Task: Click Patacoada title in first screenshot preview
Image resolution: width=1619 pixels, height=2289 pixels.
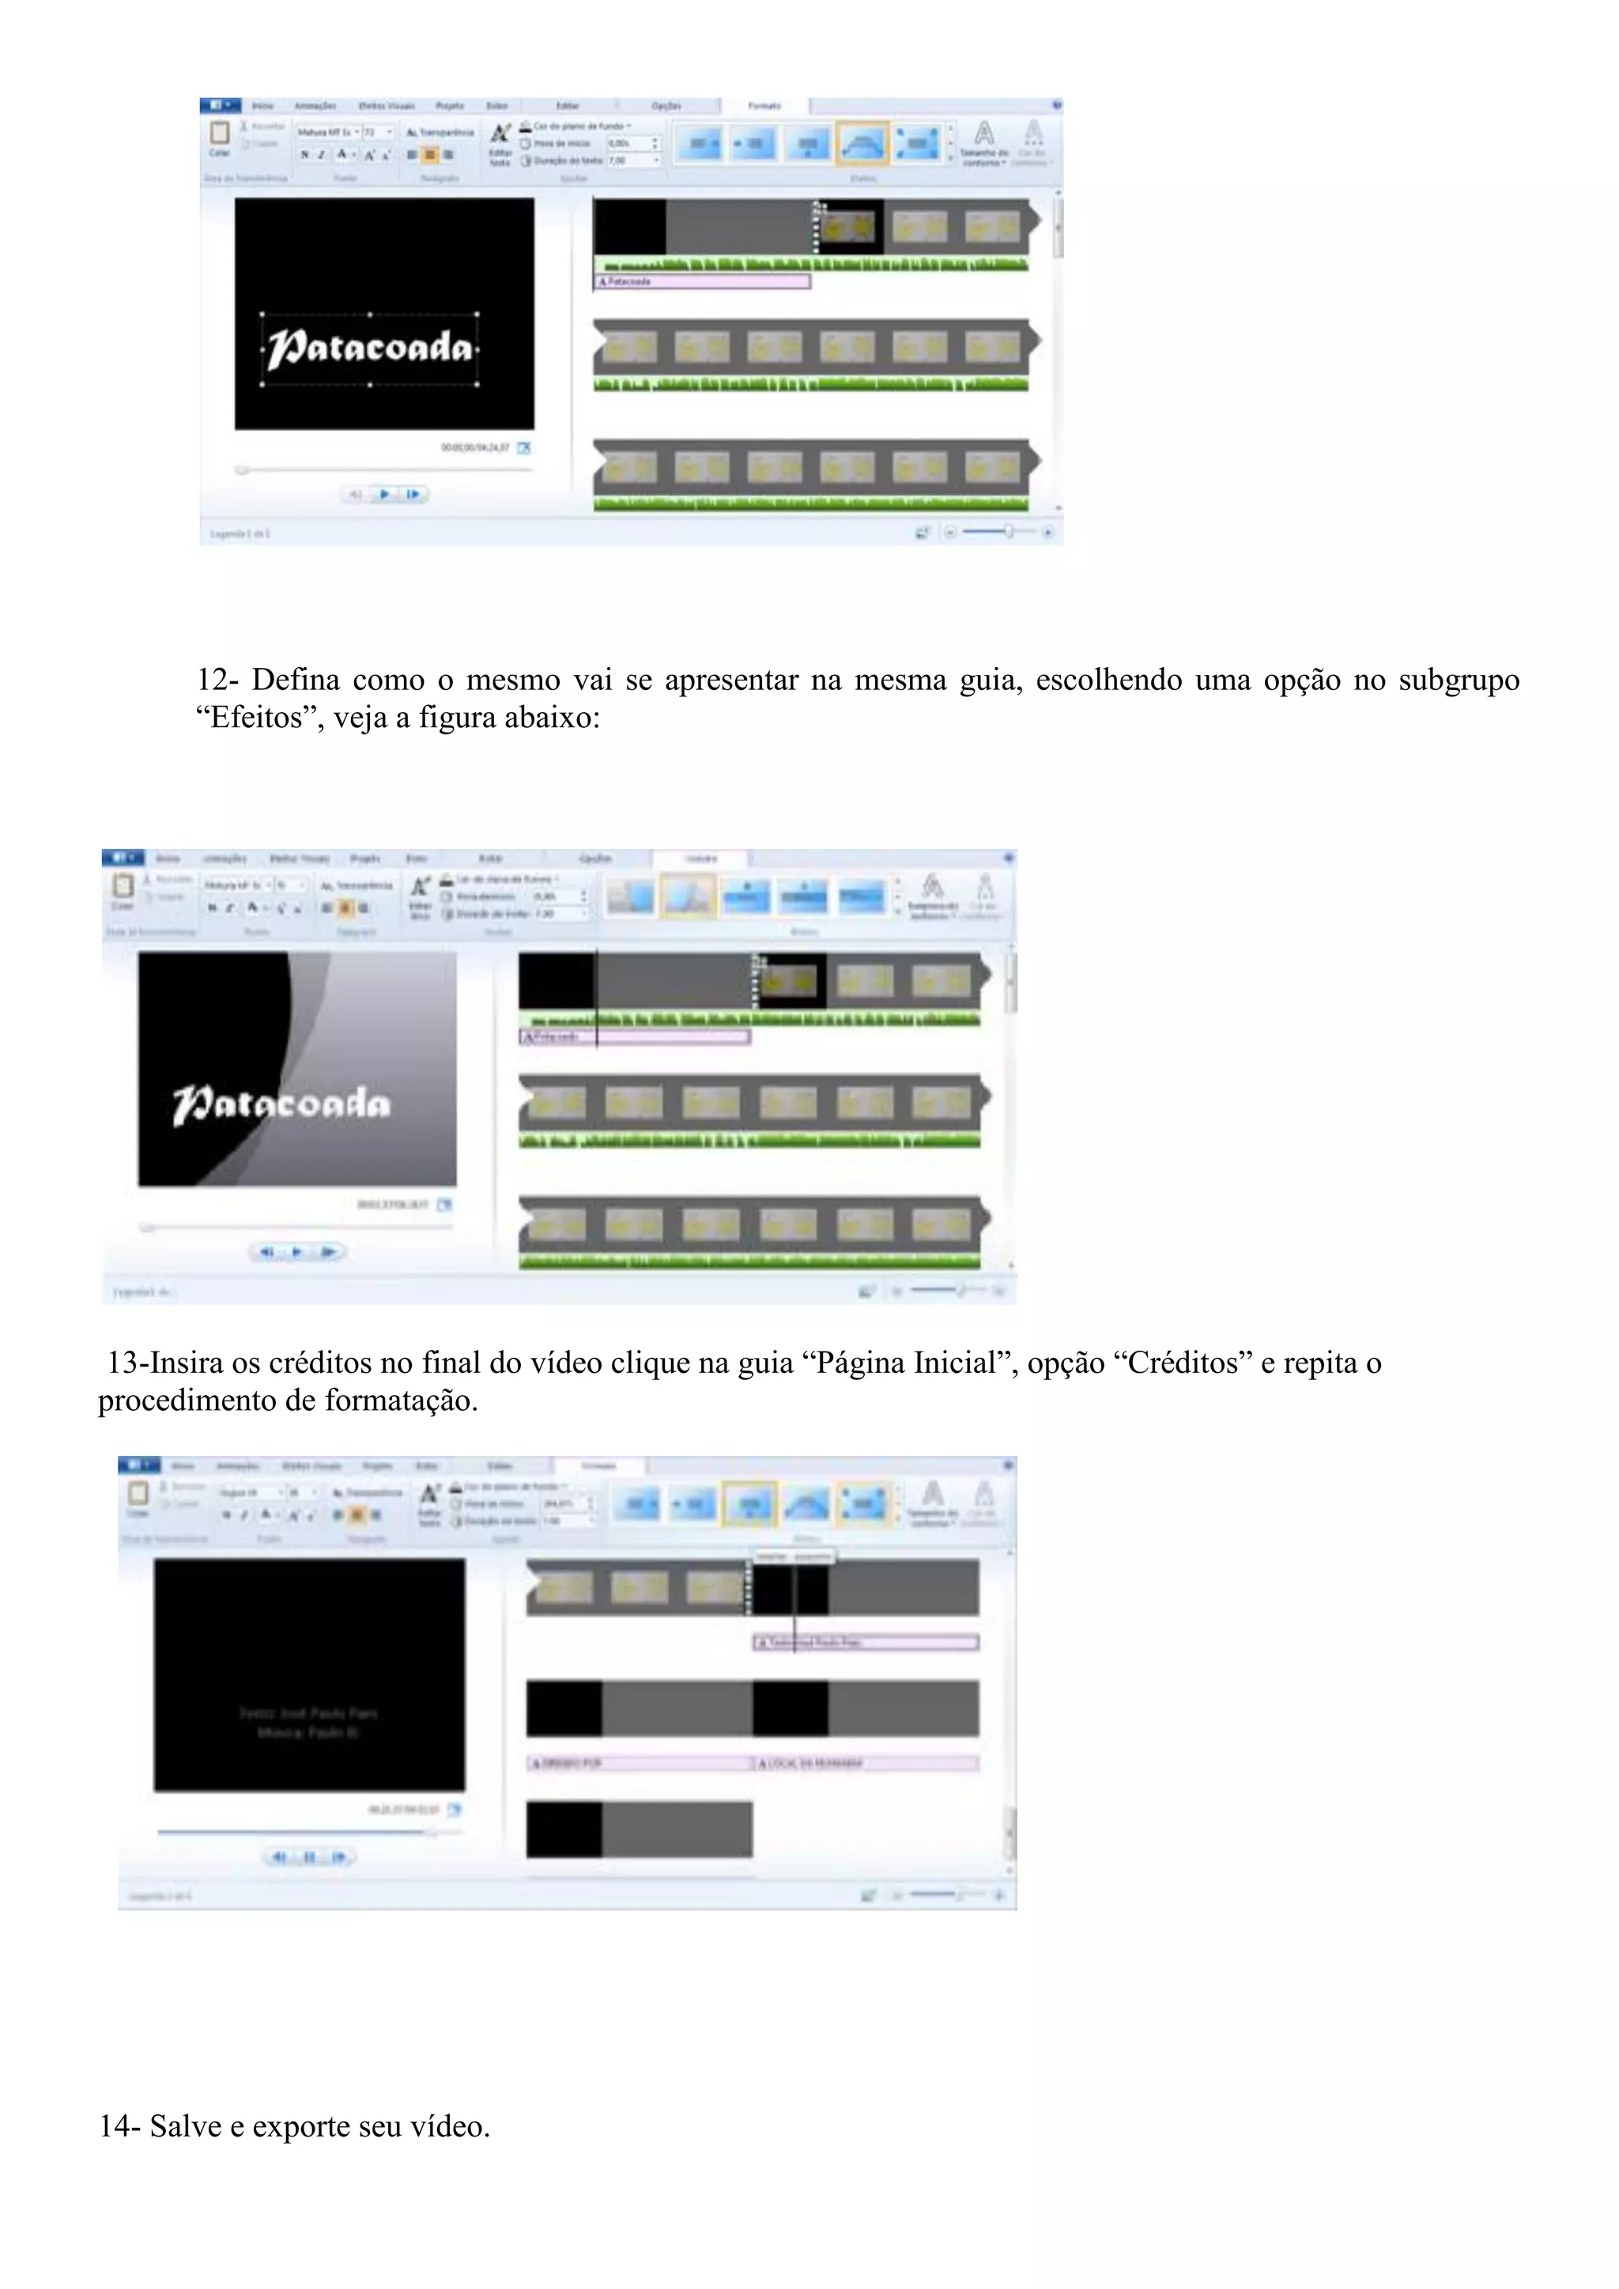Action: tap(369, 348)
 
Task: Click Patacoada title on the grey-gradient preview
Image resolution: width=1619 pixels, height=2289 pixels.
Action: tap(282, 1103)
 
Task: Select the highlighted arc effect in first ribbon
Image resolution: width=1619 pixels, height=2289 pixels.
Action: tap(862, 144)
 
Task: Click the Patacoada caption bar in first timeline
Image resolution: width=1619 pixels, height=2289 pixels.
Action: tap(703, 282)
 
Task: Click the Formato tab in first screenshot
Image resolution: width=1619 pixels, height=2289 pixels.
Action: tap(764, 106)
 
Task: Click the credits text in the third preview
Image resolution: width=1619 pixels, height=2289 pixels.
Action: tap(308, 1723)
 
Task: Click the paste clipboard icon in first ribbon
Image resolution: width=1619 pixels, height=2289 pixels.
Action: tap(219, 134)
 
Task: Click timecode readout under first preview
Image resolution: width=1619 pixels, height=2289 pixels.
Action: tap(476, 447)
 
